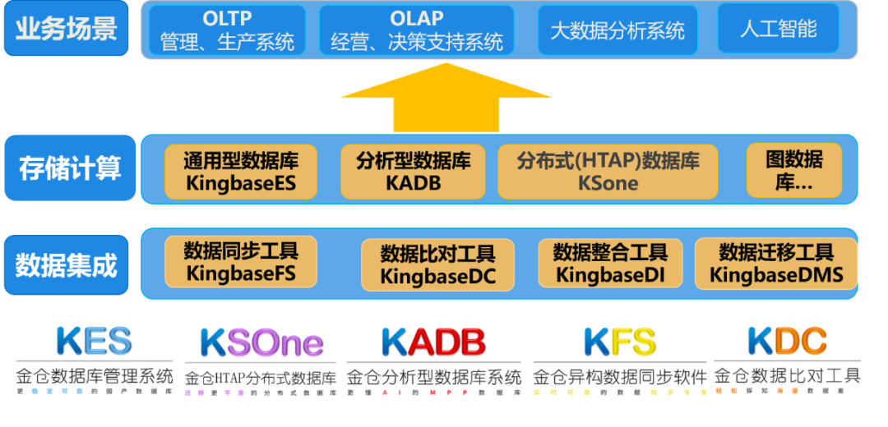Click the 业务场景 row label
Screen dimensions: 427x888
(66, 28)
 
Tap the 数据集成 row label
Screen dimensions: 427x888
(66, 264)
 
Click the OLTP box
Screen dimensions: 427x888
(227, 30)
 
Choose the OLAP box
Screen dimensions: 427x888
(416, 30)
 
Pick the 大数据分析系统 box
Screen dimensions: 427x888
(617, 30)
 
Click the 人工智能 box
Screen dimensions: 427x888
(778, 29)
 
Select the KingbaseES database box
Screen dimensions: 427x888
(240, 172)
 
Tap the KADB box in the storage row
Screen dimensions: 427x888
(413, 172)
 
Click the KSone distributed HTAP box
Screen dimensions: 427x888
(608, 172)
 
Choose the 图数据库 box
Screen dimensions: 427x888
(793, 172)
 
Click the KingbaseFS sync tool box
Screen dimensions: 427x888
(240, 261)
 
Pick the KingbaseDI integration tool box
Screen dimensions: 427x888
(610, 263)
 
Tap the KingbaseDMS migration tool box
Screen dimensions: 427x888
(776, 263)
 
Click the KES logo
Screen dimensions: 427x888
(94, 342)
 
